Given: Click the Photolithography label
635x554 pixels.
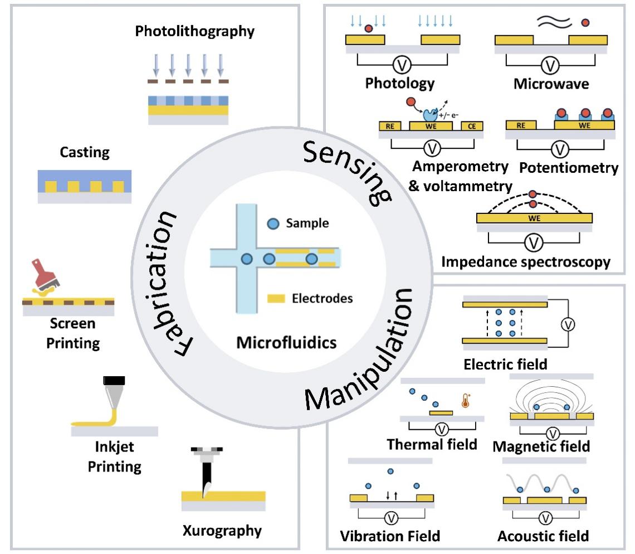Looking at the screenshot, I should [x=194, y=31].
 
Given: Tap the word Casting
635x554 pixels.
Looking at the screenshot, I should [x=86, y=152].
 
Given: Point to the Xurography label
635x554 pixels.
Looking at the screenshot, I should [x=222, y=529].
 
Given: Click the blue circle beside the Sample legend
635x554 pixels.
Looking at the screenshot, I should [x=273, y=223].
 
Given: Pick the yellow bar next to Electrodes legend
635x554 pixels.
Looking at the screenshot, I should [x=277, y=299].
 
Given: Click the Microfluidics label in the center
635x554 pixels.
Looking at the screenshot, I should [x=286, y=342].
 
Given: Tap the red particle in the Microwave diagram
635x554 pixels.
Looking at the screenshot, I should [x=584, y=23].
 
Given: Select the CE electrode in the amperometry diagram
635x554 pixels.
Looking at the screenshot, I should [x=472, y=126].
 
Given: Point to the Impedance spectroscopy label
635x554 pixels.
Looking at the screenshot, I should [x=525, y=261].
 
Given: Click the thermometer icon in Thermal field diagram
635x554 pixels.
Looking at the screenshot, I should [x=466, y=400].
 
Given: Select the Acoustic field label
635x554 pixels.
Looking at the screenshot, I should [x=543, y=536].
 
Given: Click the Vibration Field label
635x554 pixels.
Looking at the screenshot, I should [x=390, y=536].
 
